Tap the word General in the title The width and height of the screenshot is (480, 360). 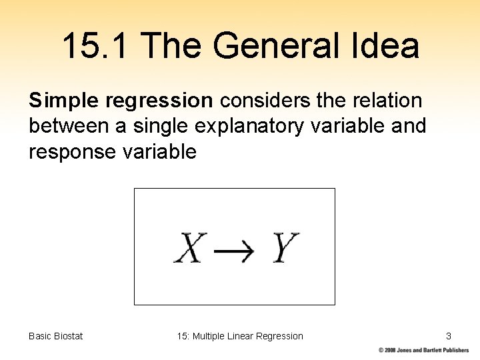tap(273, 47)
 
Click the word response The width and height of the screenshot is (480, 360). tap(69, 152)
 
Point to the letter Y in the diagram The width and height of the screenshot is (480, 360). tap(285, 247)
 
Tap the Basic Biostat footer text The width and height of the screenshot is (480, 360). tap(56, 336)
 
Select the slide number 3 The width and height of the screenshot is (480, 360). tap(449, 336)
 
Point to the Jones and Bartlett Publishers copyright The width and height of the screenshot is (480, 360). tap(424, 350)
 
